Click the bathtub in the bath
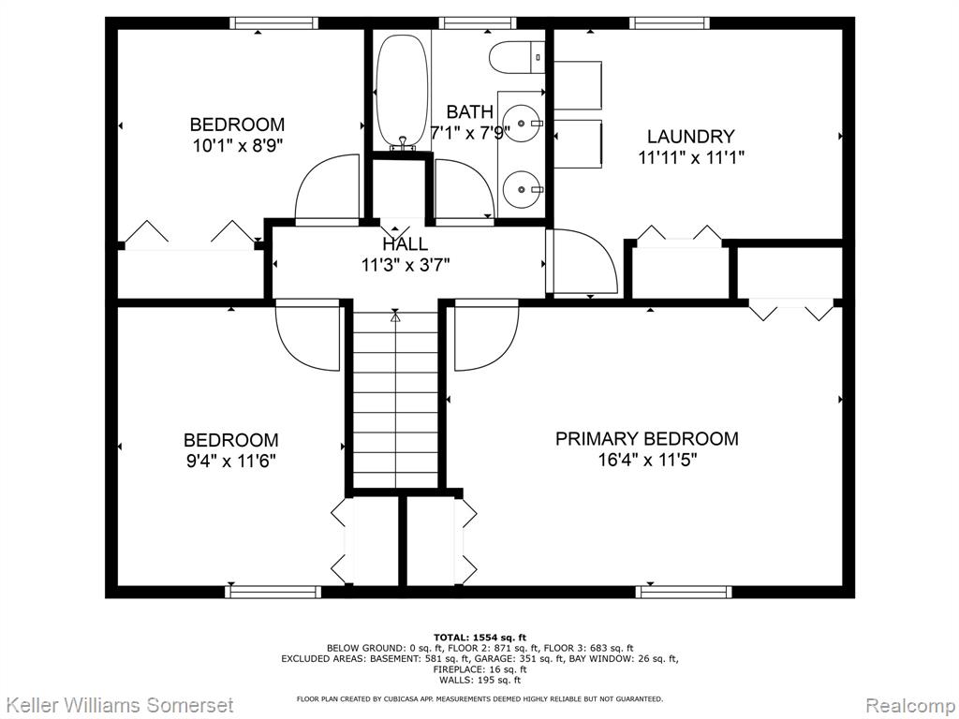(401, 91)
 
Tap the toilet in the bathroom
(517, 57)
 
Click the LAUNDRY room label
(690, 137)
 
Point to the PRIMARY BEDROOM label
(646, 438)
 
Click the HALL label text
(405, 244)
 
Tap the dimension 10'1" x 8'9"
(237, 145)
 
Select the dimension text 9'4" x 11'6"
(231, 461)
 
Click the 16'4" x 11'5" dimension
(647, 459)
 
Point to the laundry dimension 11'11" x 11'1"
(691, 157)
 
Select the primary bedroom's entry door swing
(486, 335)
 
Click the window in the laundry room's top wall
(670, 23)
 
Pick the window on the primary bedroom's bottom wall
(683, 592)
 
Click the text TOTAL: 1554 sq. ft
(479, 638)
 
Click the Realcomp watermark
(910, 704)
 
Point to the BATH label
(470, 112)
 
